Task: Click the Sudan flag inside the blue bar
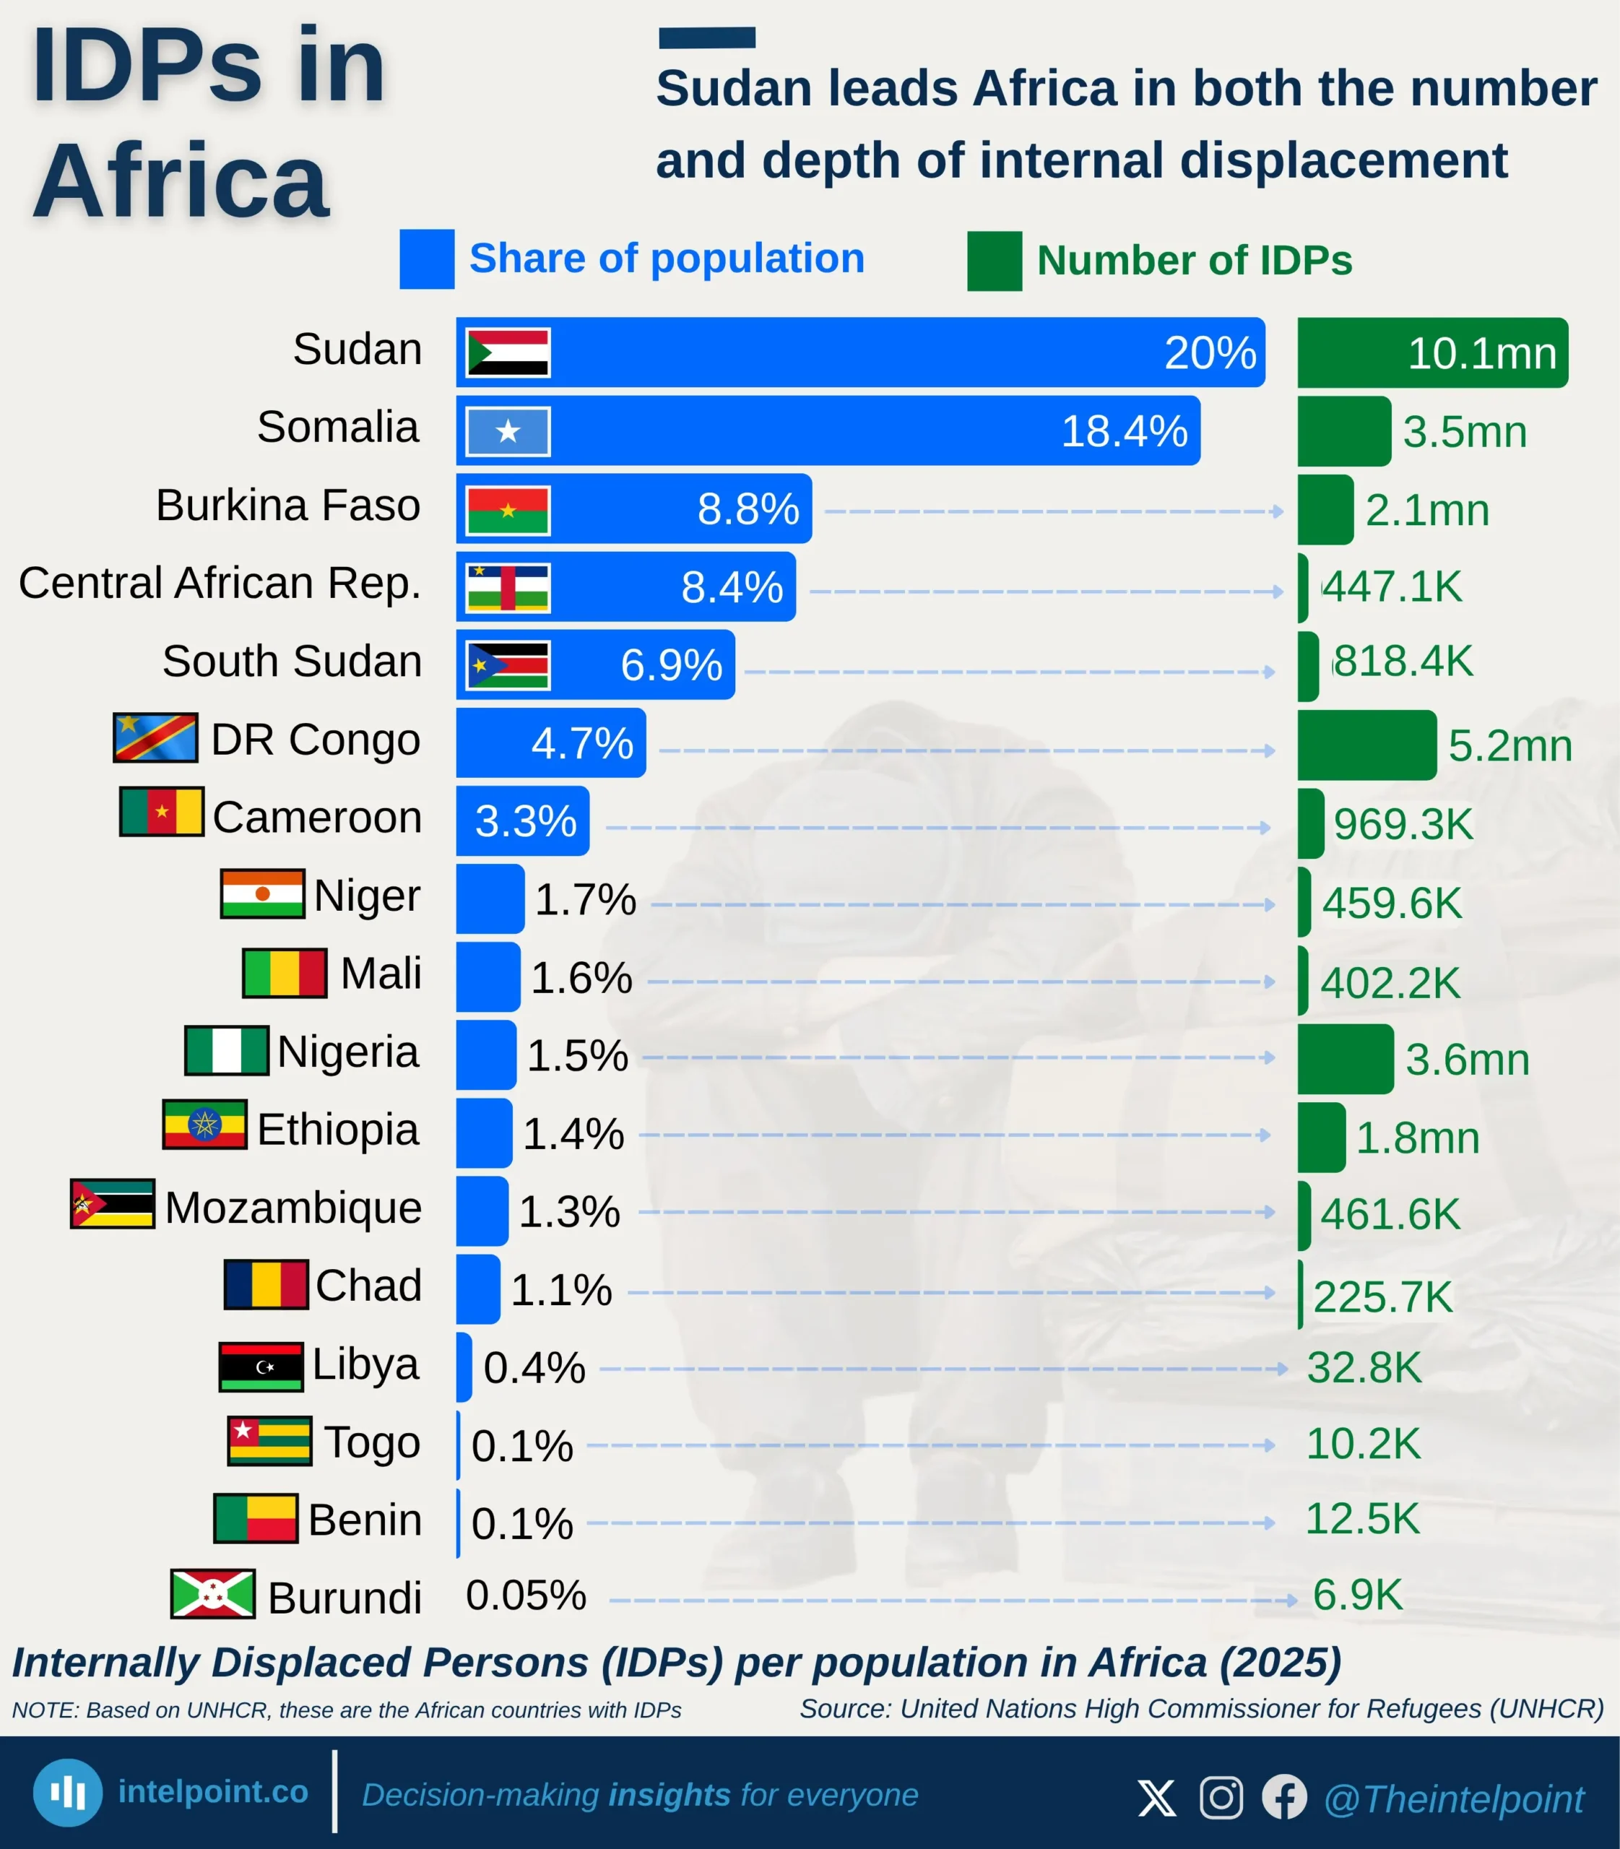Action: [507, 352]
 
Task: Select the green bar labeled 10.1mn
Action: [1432, 352]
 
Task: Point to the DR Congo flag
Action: [155, 737]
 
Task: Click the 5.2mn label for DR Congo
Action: [1509, 746]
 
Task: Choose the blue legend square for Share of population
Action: [427, 259]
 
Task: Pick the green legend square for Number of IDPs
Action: [995, 261]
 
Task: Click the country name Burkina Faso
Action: [287, 505]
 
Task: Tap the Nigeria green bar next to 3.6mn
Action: [1345, 1059]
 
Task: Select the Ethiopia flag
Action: [204, 1125]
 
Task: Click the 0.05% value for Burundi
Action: [525, 1595]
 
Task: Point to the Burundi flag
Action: [212, 1593]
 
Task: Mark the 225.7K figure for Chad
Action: [1382, 1296]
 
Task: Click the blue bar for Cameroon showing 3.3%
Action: [522, 821]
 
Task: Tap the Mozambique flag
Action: [112, 1203]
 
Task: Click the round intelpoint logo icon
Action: [68, 1792]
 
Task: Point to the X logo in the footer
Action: [1156, 1798]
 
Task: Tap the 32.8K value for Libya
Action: [1364, 1368]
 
